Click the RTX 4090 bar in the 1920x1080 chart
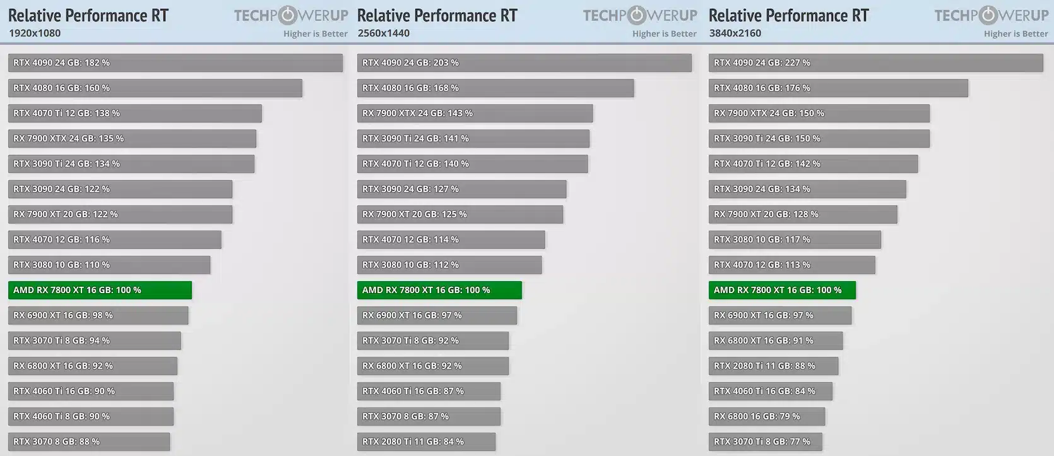coord(175,63)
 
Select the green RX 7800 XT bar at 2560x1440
coord(439,290)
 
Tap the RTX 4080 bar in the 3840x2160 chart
coord(838,88)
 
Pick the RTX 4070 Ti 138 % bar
coord(134,113)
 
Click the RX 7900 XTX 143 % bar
coord(475,113)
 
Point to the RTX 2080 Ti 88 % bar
coord(773,366)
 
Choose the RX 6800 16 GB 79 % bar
coord(766,416)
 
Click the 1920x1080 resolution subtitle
coord(35,33)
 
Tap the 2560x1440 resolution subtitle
coord(383,33)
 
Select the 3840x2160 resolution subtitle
coord(735,33)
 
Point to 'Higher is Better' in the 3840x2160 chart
coord(1016,33)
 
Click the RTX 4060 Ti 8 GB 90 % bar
coord(90,416)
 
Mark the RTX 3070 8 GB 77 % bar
coord(765,441)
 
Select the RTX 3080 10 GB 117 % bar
coord(795,239)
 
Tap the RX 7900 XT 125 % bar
coord(459,214)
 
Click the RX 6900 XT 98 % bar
coord(98,315)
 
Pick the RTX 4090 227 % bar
coord(875,63)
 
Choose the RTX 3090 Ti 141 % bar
coord(473,138)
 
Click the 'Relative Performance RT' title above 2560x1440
coord(437,15)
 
